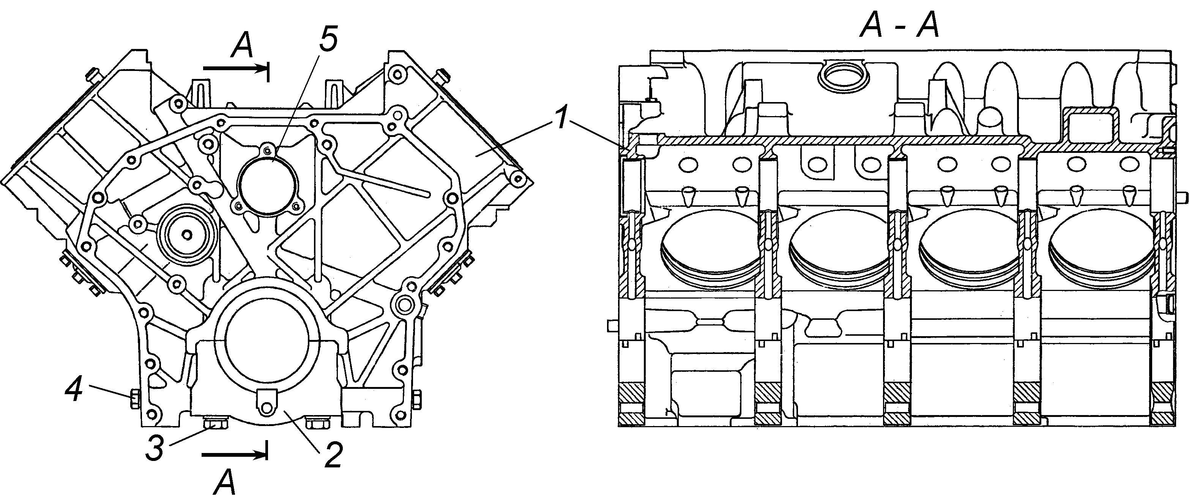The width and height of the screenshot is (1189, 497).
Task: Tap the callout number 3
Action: (156, 446)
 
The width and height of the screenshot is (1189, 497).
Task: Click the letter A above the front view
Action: (242, 47)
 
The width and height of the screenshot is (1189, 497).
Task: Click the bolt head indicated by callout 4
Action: (134, 399)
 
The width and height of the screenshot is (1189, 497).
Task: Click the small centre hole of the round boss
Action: (186, 234)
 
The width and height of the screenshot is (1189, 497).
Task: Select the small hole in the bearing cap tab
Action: (266, 408)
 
